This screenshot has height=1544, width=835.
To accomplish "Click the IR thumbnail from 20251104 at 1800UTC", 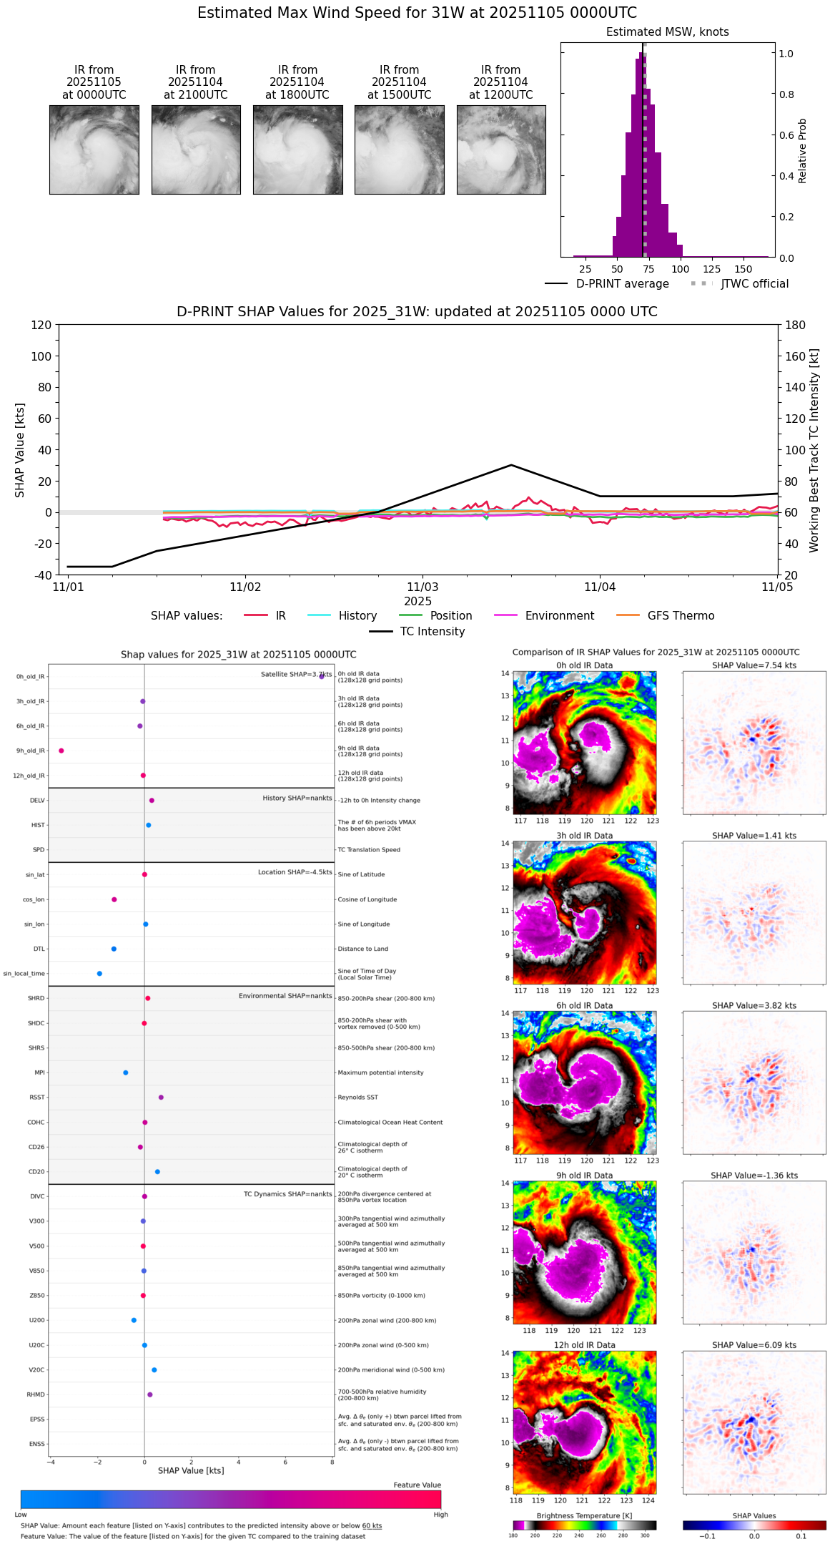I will point(297,150).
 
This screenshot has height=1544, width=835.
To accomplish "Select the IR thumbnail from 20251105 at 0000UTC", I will point(94,150).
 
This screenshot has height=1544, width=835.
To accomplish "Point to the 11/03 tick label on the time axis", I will point(423,587).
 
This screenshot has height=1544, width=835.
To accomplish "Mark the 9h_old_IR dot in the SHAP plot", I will point(61,751).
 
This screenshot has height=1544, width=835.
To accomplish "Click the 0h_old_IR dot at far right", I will point(322,676).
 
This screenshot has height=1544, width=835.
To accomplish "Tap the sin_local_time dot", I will point(99,974).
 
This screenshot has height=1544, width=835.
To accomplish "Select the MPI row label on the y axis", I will point(39,1073).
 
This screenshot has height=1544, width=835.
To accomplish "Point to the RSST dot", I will point(161,1098).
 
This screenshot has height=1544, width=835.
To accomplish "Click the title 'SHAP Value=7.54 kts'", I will point(754,665).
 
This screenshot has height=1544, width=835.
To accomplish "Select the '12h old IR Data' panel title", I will point(584,1345).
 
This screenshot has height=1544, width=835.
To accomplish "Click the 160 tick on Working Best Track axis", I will point(796,356).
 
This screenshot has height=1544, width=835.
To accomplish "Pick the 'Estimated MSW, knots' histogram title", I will point(667,32).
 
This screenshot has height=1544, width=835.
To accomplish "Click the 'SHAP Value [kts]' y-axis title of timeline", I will point(20,450).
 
